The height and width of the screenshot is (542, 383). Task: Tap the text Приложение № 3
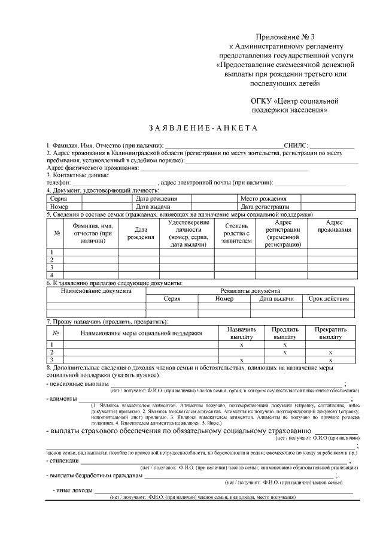point(281,37)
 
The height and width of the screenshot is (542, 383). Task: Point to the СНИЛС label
point(296,146)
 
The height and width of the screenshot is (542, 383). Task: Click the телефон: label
point(59,182)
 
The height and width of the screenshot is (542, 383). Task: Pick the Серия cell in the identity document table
point(59,198)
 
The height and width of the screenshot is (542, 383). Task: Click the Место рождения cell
point(263,198)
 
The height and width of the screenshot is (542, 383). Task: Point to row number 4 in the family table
point(52,275)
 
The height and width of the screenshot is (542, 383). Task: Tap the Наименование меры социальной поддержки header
point(142,332)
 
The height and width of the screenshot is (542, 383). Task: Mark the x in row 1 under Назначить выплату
point(241,345)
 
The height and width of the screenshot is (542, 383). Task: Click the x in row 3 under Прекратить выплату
point(330,360)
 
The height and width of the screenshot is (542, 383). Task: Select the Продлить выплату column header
point(285,333)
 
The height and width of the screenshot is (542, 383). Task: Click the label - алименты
point(62,398)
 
